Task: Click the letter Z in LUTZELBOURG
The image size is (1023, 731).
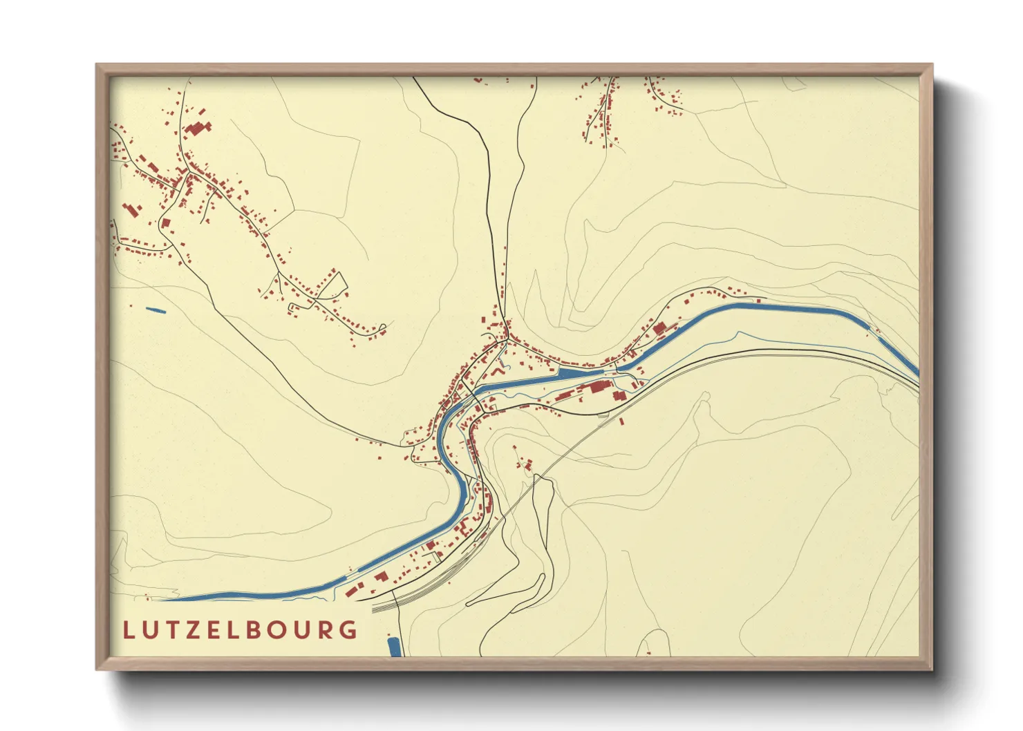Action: click(x=199, y=630)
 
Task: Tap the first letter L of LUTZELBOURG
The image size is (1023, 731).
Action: click(x=128, y=630)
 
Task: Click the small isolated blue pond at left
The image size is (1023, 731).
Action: click(x=156, y=310)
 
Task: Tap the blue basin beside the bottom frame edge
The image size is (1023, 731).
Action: click(x=394, y=647)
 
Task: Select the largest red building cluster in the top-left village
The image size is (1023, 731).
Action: click(x=198, y=129)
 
